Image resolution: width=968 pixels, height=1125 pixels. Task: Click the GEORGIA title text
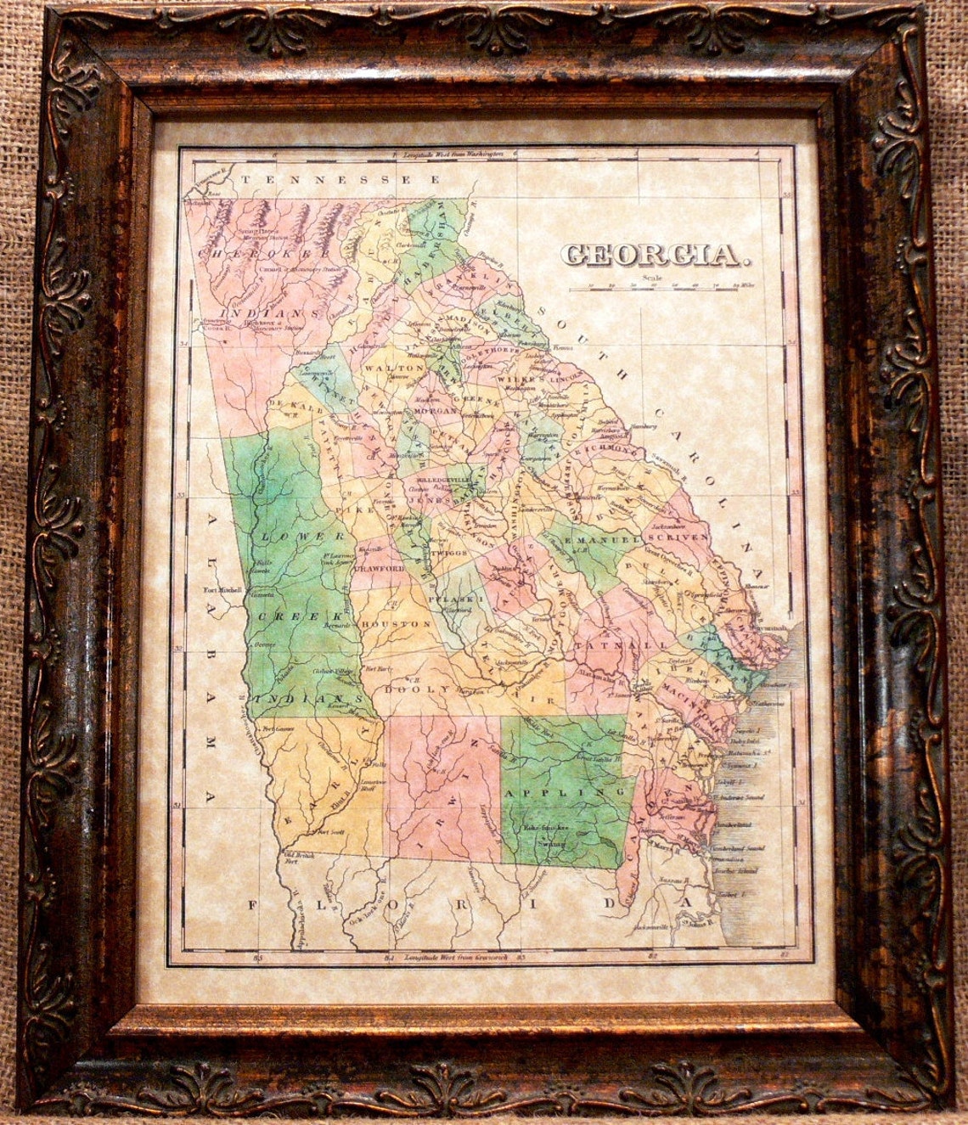(x=649, y=254)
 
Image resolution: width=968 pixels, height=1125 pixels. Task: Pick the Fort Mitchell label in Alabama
(x=223, y=590)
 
